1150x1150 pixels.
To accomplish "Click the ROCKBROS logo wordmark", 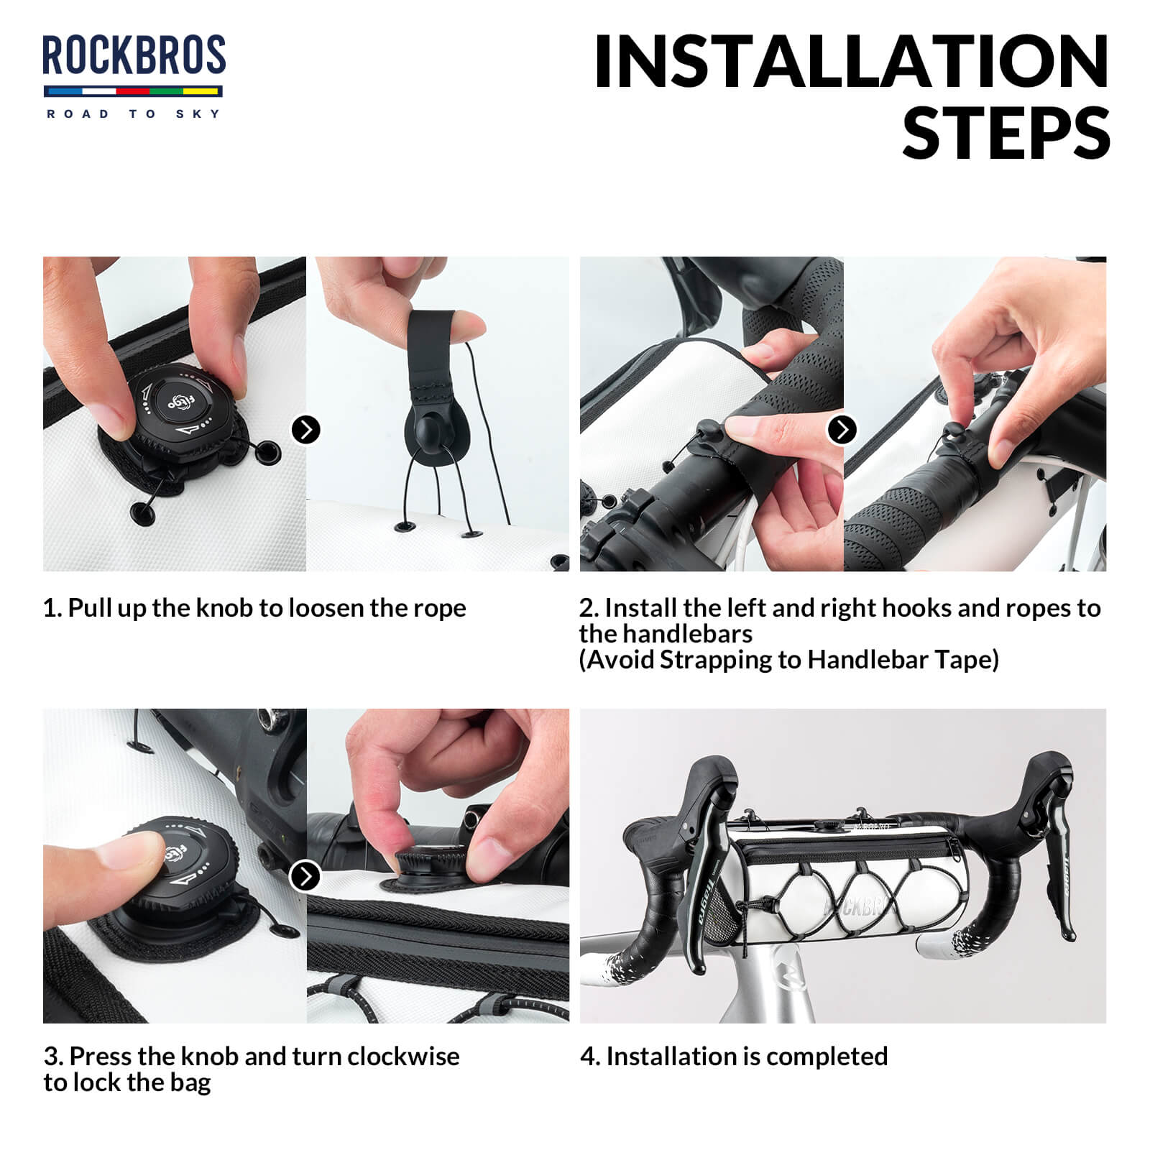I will click(134, 56).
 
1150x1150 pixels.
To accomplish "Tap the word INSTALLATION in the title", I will click(852, 63).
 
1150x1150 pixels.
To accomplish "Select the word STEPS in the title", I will click(1006, 134).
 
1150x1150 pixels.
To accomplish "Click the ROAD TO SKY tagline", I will click(134, 114).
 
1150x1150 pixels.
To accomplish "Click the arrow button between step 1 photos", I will click(306, 430).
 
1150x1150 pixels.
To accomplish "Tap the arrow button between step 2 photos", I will click(842, 430).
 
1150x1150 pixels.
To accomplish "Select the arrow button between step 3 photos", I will click(305, 876).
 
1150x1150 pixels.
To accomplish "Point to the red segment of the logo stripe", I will click(132, 91).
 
